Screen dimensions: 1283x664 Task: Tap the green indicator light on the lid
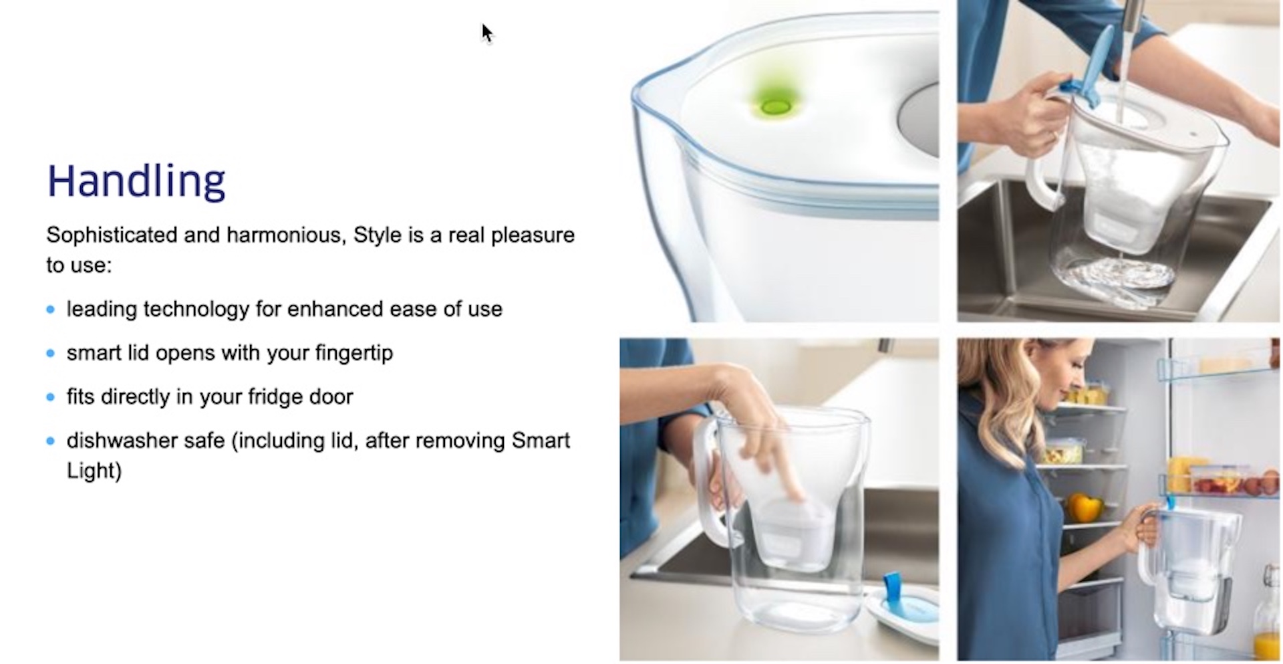click(776, 106)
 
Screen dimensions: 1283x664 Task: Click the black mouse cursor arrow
click(486, 33)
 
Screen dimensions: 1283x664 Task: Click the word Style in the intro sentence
click(378, 235)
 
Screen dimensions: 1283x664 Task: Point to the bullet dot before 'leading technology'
click(51, 310)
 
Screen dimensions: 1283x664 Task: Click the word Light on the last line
click(94, 471)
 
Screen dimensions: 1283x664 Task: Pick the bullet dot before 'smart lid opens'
click(51, 353)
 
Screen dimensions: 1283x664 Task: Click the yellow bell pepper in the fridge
click(1083, 507)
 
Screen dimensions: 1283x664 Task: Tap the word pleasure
click(533, 235)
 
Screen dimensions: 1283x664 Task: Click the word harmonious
click(286, 235)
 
